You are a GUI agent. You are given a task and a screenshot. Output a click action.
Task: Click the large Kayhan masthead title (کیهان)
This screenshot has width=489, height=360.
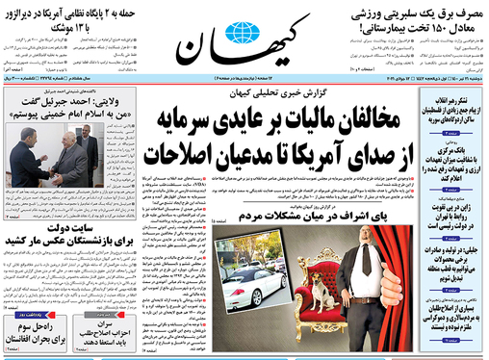[241, 39]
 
